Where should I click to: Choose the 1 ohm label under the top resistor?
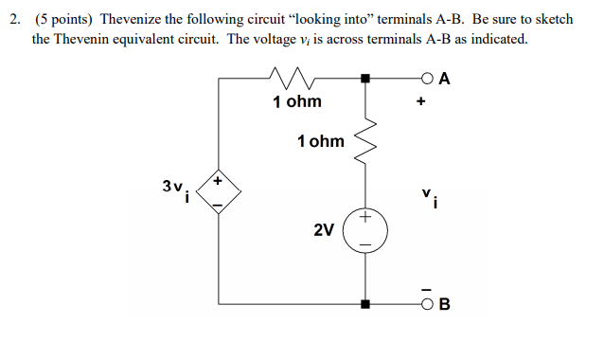[x=296, y=101]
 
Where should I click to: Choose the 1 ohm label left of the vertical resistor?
[x=320, y=141]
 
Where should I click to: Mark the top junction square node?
[x=365, y=80]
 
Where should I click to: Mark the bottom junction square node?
[x=365, y=304]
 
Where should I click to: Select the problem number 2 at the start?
[x=15, y=19]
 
